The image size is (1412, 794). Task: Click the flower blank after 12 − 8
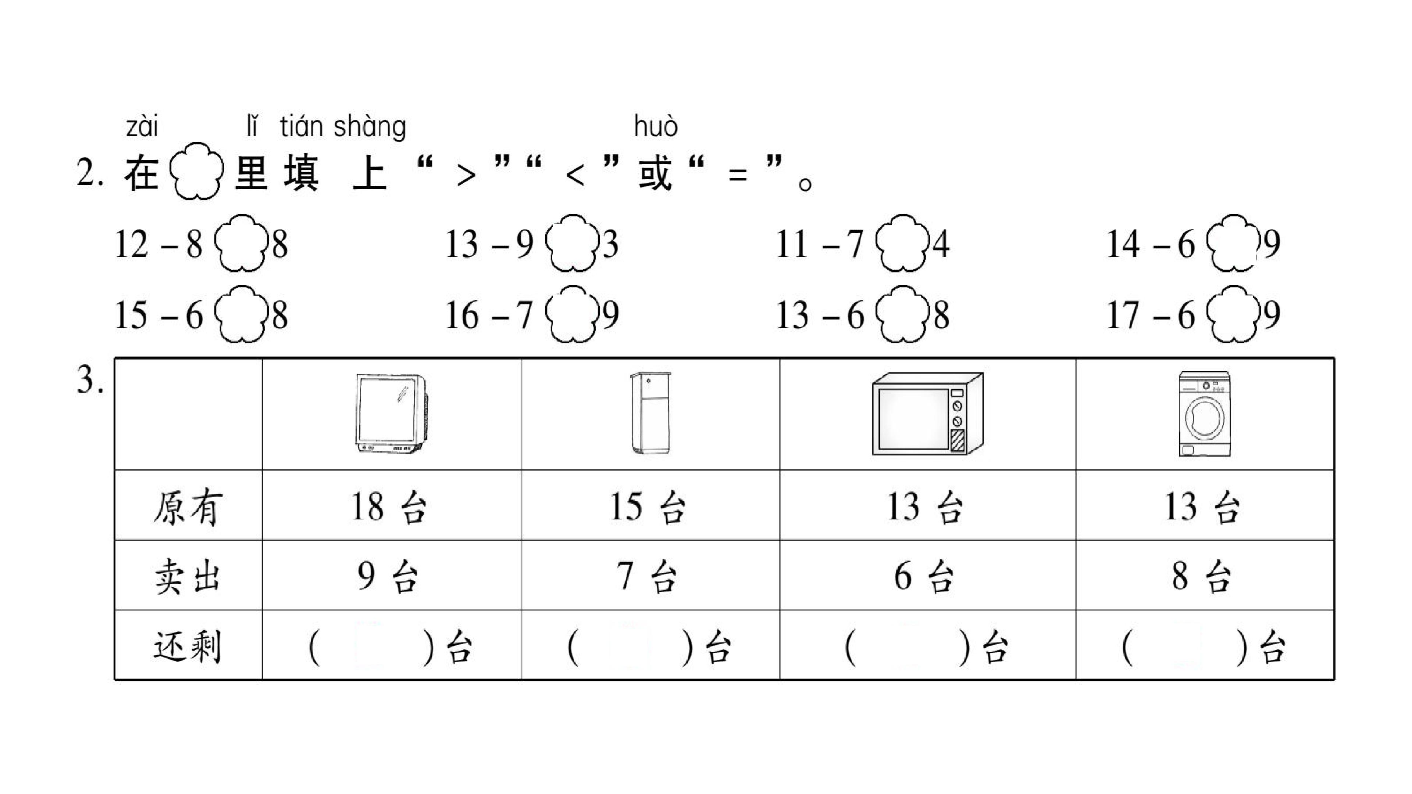[x=241, y=243]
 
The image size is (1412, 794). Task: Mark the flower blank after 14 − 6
[x=1234, y=243]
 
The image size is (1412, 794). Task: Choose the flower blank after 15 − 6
[x=241, y=315]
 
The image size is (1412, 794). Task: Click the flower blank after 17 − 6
[x=1234, y=315]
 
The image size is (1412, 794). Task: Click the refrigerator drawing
[x=650, y=412]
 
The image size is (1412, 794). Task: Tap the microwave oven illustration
[x=927, y=414]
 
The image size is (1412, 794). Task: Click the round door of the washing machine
[x=1204, y=419]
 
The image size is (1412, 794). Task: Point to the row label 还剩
[x=188, y=647]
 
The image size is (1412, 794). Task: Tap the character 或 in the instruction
[x=655, y=173]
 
